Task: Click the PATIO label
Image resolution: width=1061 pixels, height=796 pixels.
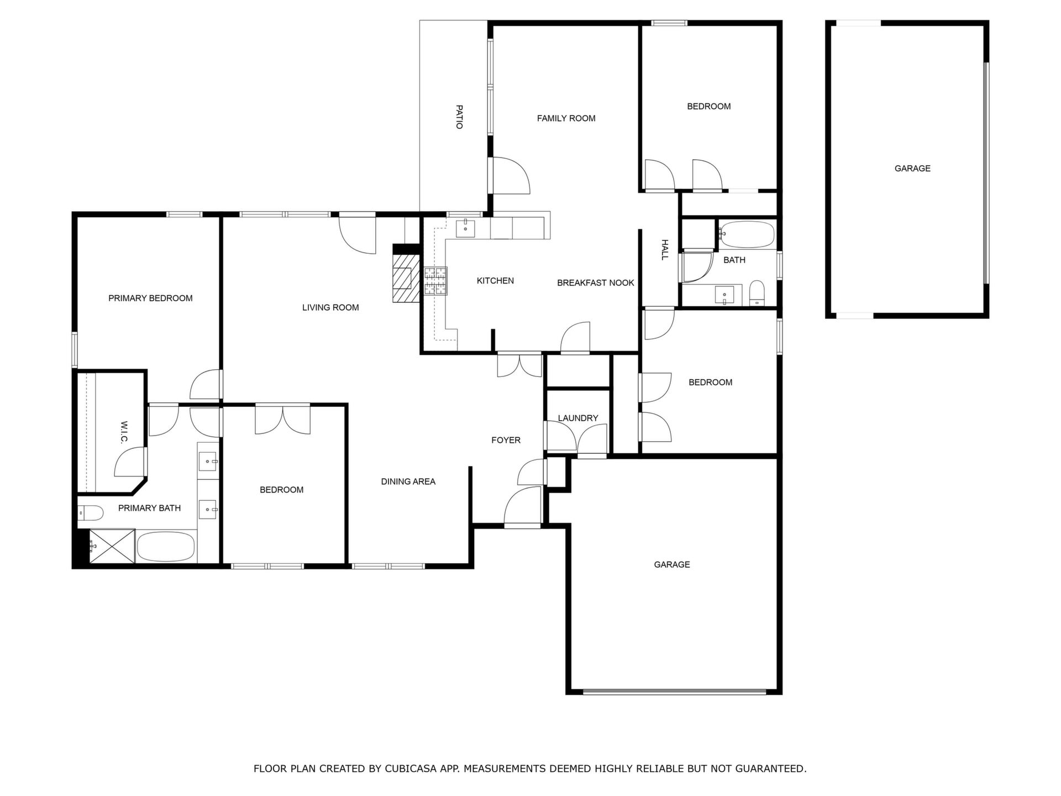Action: pyautogui.click(x=459, y=117)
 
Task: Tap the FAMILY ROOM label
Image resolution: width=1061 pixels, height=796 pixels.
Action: pyautogui.click(x=566, y=118)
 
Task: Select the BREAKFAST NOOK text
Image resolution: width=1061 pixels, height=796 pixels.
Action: pyautogui.click(x=595, y=283)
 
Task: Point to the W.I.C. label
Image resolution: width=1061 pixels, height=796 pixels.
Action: pyautogui.click(x=124, y=432)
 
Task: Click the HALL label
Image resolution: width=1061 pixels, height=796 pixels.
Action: pyautogui.click(x=665, y=249)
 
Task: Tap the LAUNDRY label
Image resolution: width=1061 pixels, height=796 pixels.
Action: pyautogui.click(x=577, y=418)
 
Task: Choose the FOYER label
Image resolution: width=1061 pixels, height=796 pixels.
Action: pyautogui.click(x=506, y=441)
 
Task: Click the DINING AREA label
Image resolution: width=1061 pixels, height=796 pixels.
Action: pyautogui.click(x=408, y=482)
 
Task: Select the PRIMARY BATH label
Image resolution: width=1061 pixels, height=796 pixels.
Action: pyautogui.click(x=149, y=509)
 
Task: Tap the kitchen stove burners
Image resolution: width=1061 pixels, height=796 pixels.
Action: pyautogui.click(x=435, y=281)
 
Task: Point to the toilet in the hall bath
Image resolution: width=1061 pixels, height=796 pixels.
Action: pyautogui.click(x=757, y=293)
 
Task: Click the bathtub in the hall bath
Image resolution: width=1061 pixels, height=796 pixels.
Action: pyautogui.click(x=746, y=235)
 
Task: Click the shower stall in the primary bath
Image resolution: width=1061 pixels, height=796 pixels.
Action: pyautogui.click(x=112, y=546)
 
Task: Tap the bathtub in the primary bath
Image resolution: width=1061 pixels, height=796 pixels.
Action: pyautogui.click(x=166, y=547)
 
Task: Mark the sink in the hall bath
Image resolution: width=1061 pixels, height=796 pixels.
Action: pyautogui.click(x=724, y=295)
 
